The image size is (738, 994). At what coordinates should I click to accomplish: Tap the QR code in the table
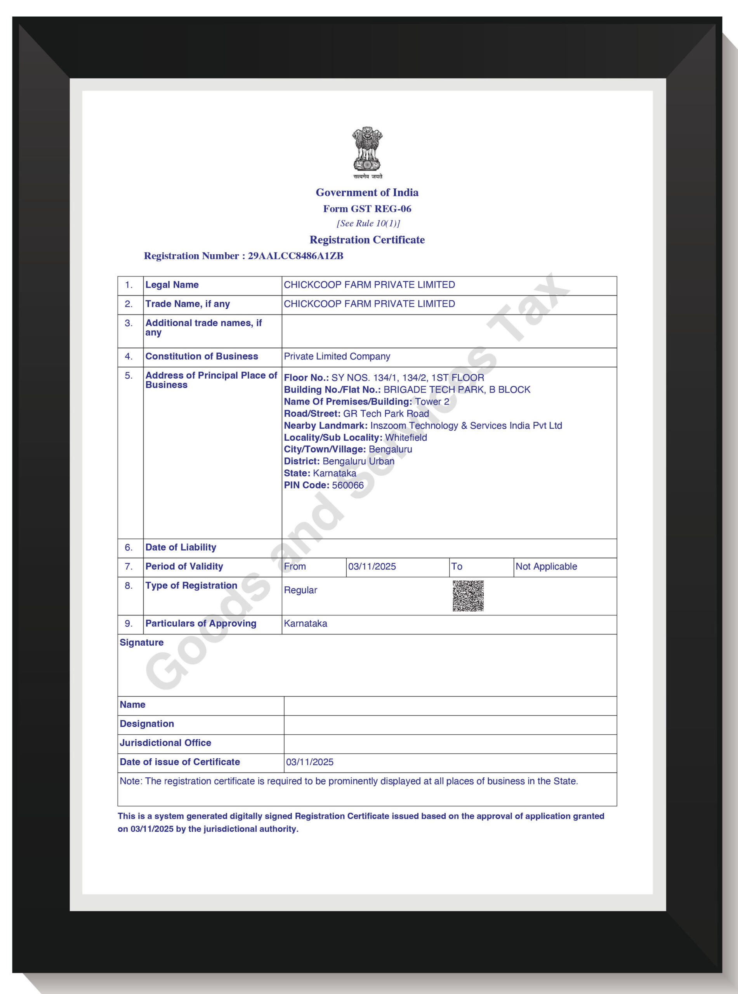[468, 596]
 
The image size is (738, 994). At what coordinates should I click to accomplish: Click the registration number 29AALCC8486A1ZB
[295, 256]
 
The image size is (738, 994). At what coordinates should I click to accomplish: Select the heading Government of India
[367, 193]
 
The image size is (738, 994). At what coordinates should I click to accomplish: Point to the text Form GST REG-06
[367, 209]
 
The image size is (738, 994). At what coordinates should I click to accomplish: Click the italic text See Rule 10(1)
[368, 223]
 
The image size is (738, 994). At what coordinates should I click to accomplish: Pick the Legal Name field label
[172, 285]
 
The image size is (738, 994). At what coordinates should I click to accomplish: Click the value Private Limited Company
[337, 356]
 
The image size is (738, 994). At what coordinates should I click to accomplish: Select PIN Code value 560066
[347, 485]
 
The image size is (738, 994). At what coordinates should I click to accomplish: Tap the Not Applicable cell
[546, 567]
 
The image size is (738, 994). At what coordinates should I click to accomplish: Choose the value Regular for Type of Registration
[300, 590]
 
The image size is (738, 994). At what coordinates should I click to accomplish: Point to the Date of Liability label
[181, 547]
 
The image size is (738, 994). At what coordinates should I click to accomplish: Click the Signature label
[142, 643]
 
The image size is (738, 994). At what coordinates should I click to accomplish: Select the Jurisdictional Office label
[165, 743]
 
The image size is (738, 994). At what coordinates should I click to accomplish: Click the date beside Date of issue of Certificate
[309, 762]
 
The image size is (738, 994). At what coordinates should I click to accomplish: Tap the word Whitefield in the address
[406, 437]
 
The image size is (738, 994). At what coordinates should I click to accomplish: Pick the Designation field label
[146, 724]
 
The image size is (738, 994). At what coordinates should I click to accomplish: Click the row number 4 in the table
[128, 356]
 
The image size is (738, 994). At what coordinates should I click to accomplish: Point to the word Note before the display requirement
[130, 781]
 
